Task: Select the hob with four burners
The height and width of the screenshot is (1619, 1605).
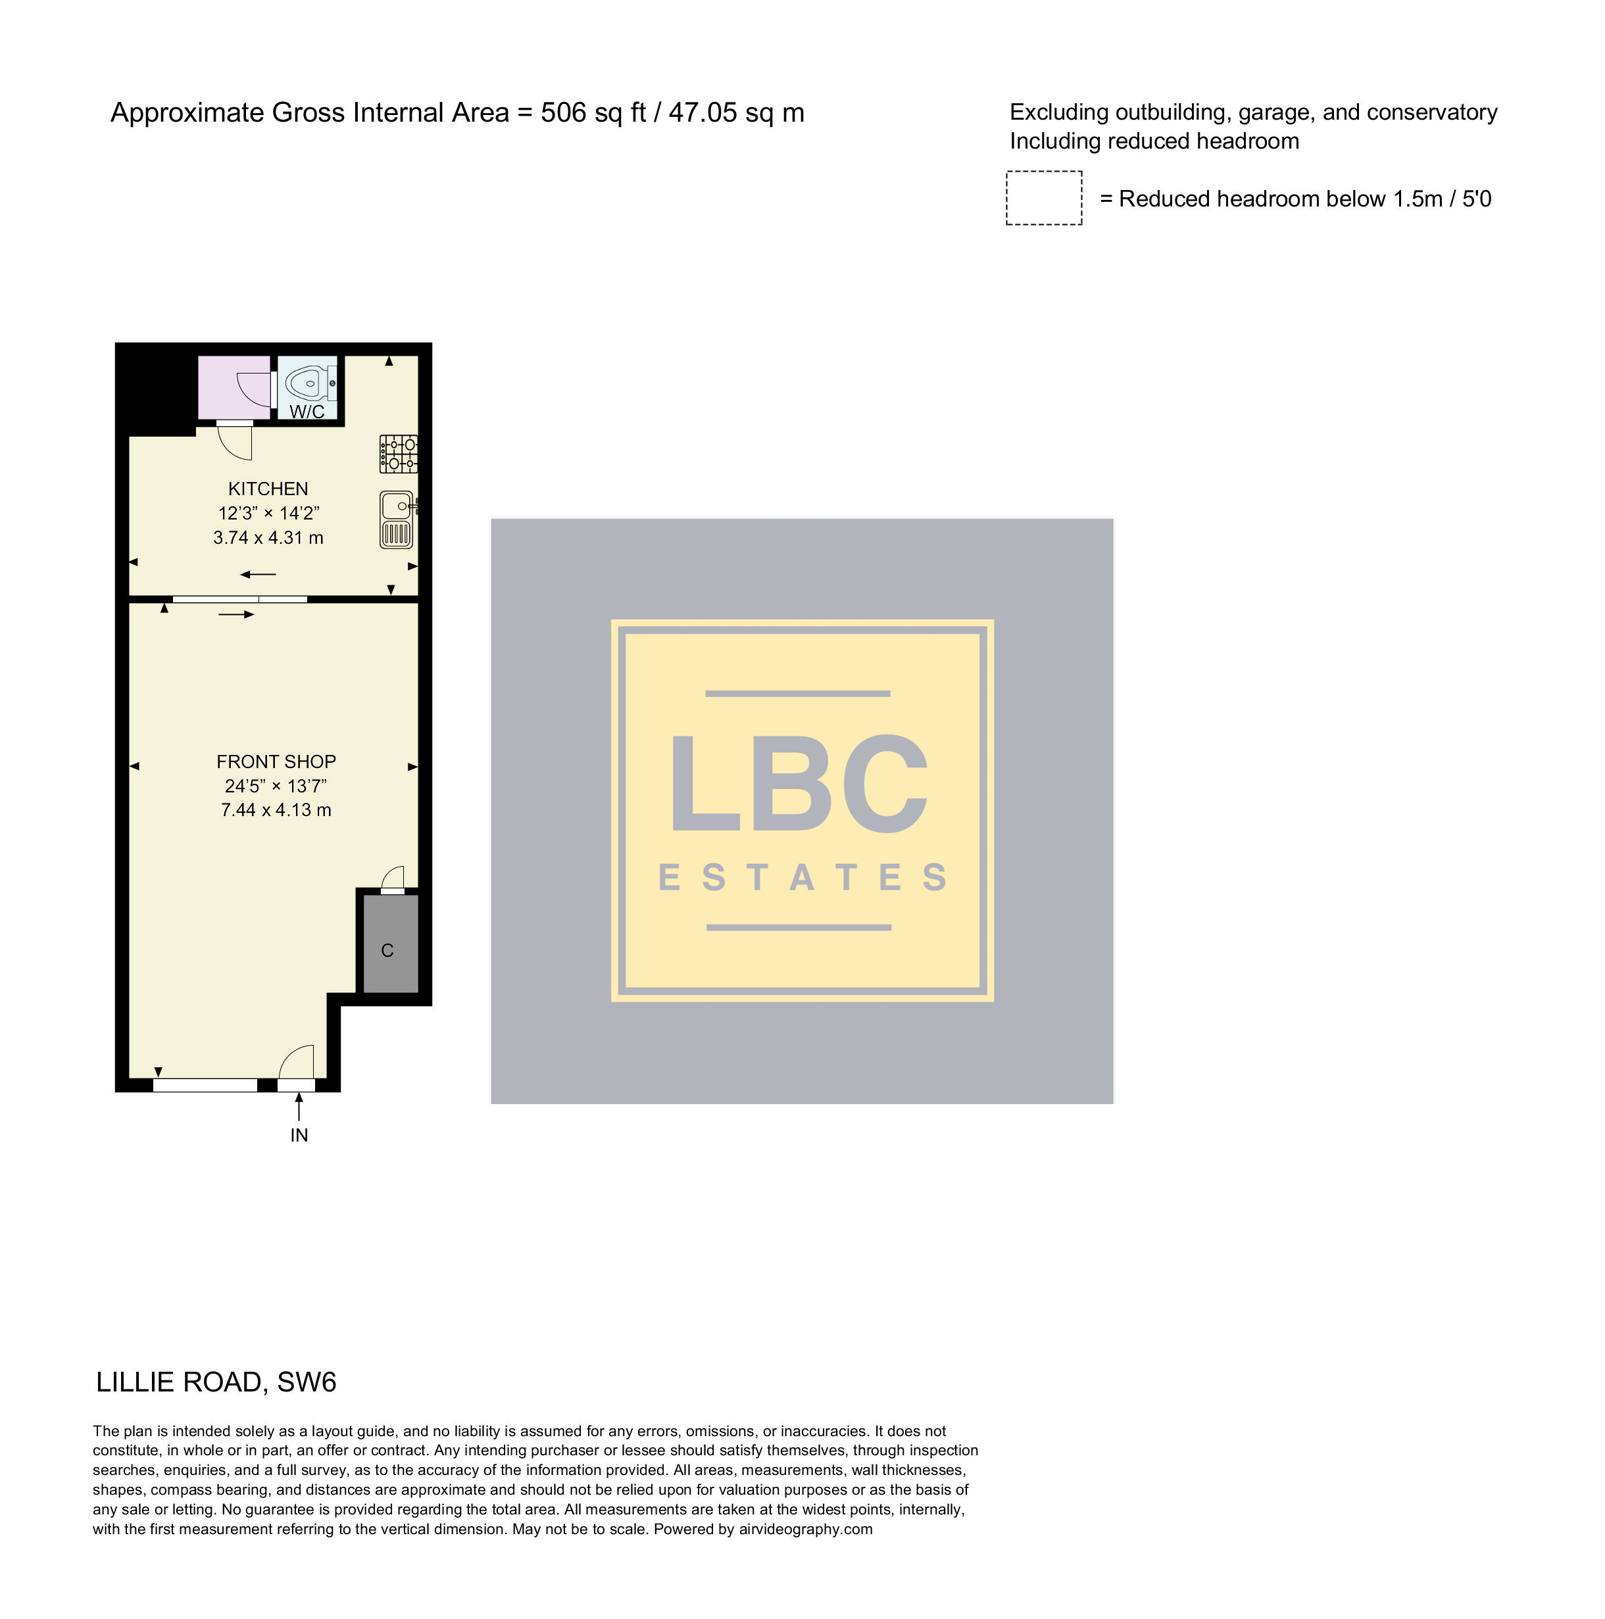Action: [x=399, y=453]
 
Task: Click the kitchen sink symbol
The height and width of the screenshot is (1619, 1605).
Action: [x=397, y=520]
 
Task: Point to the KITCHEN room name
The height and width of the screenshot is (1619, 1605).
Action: [x=268, y=489]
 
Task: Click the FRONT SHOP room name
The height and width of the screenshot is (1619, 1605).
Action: [x=276, y=761]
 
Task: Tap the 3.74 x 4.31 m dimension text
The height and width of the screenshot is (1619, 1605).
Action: [x=268, y=538]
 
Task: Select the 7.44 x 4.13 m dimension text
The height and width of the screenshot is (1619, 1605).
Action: [x=276, y=810]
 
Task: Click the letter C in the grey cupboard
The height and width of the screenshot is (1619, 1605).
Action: [x=387, y=950]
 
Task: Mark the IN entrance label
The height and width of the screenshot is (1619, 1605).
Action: [x=299, y=1136]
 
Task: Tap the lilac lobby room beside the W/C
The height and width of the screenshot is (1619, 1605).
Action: [x=234, y=387]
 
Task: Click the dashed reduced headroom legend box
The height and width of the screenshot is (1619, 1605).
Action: [x=1043, y=198]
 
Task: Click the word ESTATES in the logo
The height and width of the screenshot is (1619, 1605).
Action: [x=803, y=877]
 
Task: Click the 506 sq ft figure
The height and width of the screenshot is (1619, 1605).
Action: [x=593, y=112]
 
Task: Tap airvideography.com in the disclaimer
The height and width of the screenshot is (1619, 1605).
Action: [x=805, y=1530]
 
